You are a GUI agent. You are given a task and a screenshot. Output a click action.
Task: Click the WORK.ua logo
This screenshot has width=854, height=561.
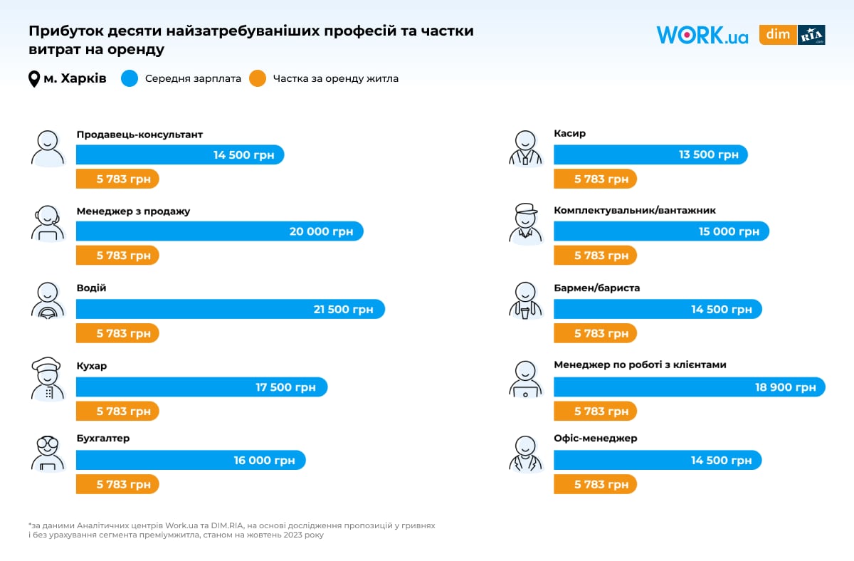[x=702, y=35]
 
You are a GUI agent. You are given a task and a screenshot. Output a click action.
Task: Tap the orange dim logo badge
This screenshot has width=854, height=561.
[x=777, y=35]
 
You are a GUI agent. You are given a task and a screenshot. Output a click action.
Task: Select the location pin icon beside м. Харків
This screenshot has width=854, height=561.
[x=34, y=79]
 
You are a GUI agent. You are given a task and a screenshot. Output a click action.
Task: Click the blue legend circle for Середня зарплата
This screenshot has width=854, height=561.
[x=130, y=78]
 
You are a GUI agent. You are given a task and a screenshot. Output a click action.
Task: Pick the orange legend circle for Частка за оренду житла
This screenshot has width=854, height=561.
[x=258, y=78]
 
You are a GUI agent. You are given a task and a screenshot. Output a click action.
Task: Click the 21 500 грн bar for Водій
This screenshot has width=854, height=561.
[x=230, y=309]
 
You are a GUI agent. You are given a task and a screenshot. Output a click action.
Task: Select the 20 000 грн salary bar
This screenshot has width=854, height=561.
[x=219, y=231]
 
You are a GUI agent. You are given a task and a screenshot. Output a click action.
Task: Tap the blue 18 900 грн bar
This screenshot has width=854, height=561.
[x=689, y=387]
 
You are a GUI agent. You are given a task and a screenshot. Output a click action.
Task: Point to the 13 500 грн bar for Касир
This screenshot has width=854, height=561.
[x=650, y=155]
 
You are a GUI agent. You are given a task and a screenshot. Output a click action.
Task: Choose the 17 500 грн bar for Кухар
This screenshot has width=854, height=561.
[x=201, y=387]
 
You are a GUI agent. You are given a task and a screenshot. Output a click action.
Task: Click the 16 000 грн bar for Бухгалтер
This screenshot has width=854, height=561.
[x=191, y=460]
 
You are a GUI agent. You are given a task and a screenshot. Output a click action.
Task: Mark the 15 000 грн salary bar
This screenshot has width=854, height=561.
[x=661, y=231]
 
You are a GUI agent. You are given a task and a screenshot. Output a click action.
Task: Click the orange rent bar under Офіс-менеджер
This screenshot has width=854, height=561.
[x=595, y=484]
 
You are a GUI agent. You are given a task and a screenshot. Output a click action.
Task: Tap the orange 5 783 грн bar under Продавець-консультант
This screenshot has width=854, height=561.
[x=117, y=179]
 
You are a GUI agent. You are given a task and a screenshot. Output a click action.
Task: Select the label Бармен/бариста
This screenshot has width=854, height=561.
[x=596, y=288]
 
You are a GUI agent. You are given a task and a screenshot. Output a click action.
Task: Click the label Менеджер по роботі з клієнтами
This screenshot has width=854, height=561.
[x=640, y=365]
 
